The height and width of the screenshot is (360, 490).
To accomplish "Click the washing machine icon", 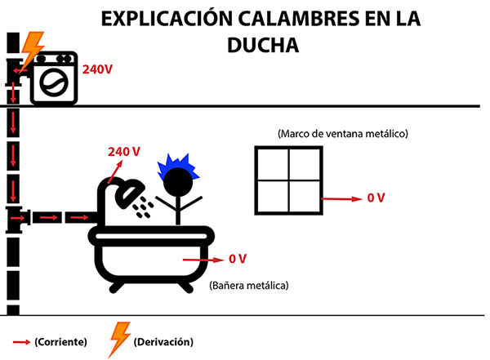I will (54, 78).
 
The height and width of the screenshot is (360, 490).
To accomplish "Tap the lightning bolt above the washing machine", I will (32, 50).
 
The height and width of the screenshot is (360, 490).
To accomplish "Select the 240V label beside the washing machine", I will (97, 69).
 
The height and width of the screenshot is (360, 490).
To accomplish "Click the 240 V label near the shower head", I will (124, 152).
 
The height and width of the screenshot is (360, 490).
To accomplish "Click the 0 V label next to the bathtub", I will (238, 259).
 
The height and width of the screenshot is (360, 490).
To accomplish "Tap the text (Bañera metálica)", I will (250, 286).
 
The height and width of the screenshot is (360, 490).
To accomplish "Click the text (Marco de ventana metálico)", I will (343, 132).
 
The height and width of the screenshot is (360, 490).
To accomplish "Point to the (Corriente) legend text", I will (60, 341).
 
